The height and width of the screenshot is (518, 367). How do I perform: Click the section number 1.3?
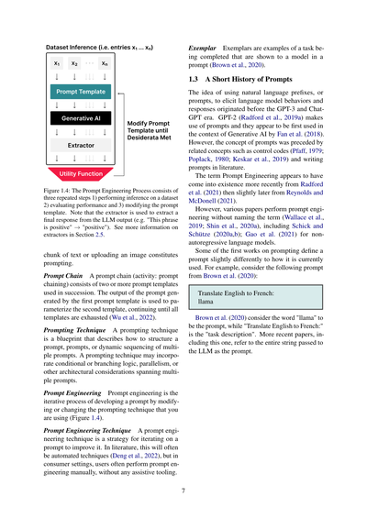(195, 81)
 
